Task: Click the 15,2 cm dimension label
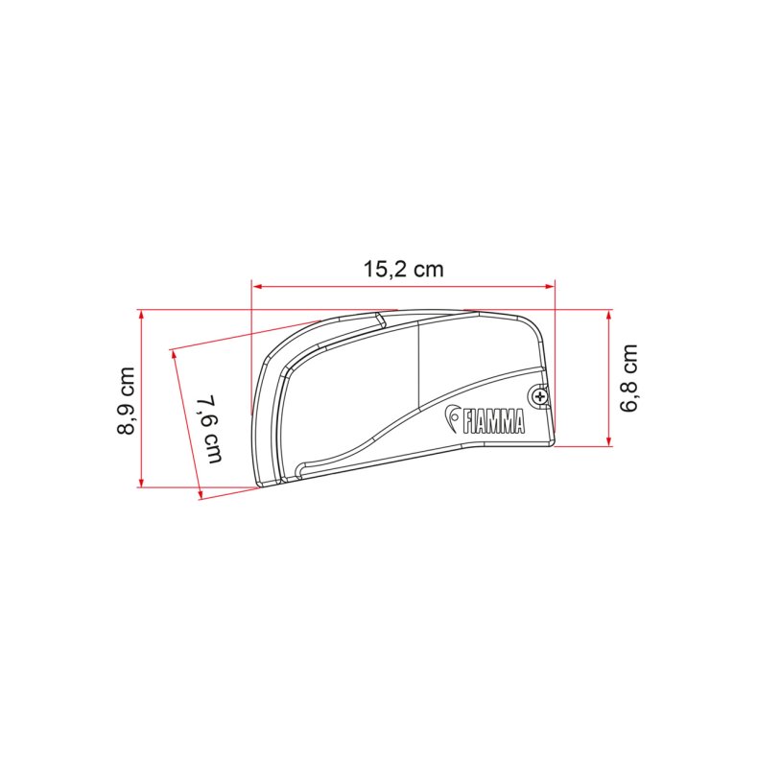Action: [x=403, y=270]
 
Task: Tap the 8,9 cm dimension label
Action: [x=127, y=401]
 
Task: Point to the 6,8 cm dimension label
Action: [x=628, y=378]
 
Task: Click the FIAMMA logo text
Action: [x=493, y=421]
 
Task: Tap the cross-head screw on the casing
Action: [x=539, y=397]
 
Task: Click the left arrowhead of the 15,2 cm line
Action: [x=257, y=286]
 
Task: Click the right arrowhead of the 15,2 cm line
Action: [x=550, y=286]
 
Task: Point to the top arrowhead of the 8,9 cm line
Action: [x=141, y=314]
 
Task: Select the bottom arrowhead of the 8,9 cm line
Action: [x=141, y=482]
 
